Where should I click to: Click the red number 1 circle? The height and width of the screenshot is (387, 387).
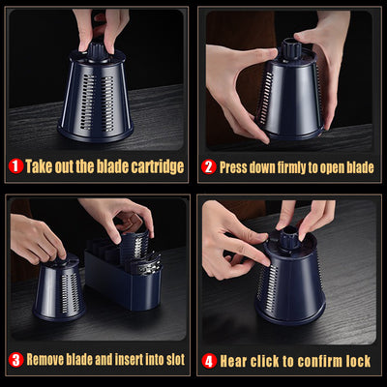(x=15, y=166)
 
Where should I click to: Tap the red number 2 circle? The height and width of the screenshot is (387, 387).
(x=209, y=167)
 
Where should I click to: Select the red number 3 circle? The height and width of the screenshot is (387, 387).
(x=15, y=360)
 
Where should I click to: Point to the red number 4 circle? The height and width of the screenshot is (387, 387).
(x=209, y=361)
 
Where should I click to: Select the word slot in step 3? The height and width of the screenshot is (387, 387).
(x=176, y=359)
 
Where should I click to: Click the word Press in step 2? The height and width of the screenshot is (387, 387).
(x=229, y=167)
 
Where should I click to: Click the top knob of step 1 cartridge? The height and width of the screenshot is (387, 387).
(x=96, y=51)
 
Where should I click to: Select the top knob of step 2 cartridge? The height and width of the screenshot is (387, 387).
(x=291, y=47)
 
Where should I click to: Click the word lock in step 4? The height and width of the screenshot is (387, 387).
(x=358, y=361)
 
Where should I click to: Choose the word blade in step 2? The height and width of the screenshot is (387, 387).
(x=360, y=167)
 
